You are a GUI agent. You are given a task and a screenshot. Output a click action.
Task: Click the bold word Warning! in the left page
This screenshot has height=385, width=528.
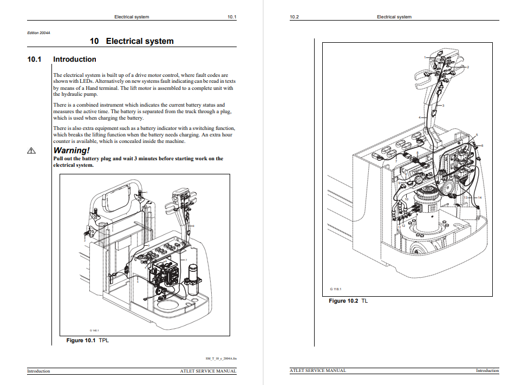71,150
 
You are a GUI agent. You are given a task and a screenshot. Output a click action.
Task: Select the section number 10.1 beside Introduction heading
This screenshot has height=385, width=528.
34,60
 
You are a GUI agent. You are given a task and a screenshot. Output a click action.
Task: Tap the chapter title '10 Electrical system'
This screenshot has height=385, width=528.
132,41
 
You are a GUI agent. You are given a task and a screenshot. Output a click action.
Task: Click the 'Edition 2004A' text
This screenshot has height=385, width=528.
38,32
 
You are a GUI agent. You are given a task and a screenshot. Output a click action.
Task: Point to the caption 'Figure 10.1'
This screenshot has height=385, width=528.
81,341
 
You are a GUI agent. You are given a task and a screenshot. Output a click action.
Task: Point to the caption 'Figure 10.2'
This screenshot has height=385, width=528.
343,301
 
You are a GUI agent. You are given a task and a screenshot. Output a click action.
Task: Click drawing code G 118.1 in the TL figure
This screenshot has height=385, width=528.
336,289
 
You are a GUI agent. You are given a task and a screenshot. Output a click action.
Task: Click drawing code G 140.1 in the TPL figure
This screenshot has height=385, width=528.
94,330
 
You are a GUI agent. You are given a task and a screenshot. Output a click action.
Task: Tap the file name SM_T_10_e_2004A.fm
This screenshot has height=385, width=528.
221,358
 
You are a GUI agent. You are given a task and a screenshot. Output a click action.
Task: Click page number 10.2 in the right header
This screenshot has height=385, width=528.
295,17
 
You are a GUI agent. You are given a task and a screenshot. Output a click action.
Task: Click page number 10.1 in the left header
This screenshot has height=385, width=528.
232,17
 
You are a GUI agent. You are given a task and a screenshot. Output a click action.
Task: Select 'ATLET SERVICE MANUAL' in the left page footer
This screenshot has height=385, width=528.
208,371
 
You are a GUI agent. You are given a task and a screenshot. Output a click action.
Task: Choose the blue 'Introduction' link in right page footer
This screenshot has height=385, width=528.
487,371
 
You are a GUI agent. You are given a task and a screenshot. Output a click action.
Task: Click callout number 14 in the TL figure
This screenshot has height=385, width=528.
479,198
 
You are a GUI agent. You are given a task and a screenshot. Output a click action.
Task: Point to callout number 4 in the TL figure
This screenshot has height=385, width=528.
419,117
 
